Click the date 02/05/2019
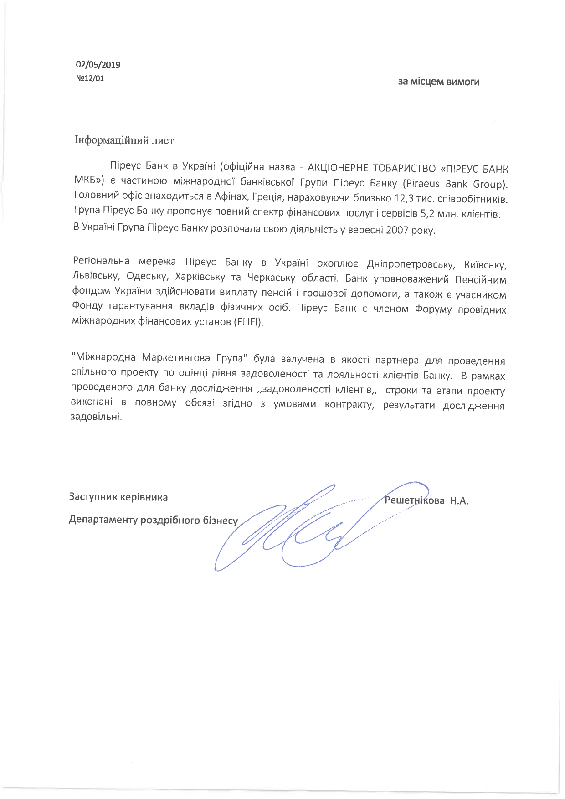coord(98,65)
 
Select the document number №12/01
coord(90,78)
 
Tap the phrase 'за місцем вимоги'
coord(438,82)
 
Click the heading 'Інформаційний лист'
coord(124,140)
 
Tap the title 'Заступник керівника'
coord(118,497)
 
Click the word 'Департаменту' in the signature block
coord(103,520)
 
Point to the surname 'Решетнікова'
coord(415,500)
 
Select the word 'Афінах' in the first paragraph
coord(227,199)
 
